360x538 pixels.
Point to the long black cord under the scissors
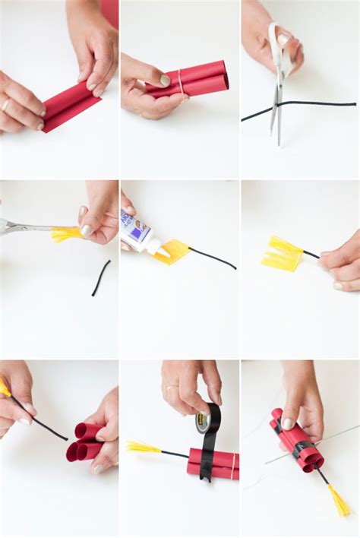click(319, 104)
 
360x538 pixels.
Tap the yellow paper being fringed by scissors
click(65, 233)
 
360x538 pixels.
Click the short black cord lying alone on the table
click(101, 278)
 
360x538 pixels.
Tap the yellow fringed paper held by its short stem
click(282, 254)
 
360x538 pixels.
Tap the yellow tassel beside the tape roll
click(143, 447)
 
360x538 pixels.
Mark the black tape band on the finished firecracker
click(301, 450)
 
